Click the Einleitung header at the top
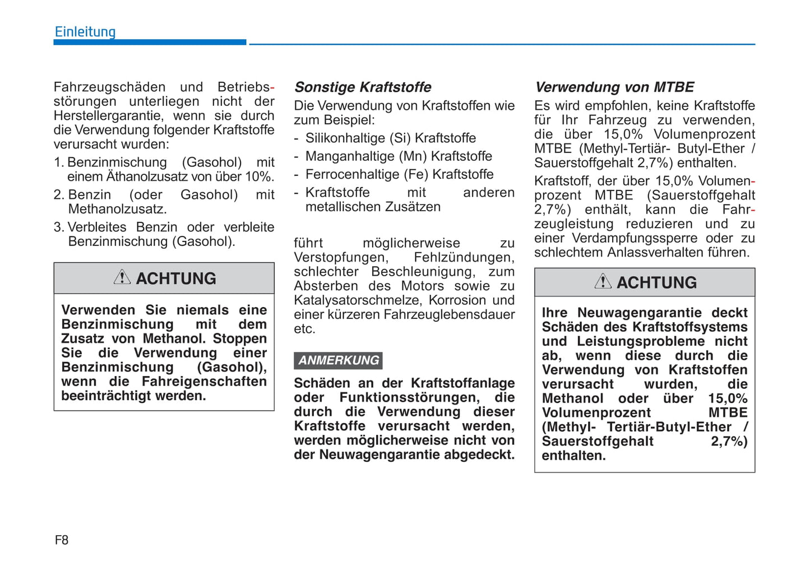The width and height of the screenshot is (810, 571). coord(85,32)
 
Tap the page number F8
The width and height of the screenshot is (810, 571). coord(62,540)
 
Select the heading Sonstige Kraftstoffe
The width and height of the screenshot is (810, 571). coord(363,87)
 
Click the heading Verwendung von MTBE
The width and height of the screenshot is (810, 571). coord(614,87)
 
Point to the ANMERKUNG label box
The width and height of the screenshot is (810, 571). coord(338,360)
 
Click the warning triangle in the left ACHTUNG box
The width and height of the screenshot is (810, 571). coord(122,277)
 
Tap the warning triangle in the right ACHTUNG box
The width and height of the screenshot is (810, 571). coord(603,281)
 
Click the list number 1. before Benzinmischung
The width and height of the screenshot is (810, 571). coord(59,163)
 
